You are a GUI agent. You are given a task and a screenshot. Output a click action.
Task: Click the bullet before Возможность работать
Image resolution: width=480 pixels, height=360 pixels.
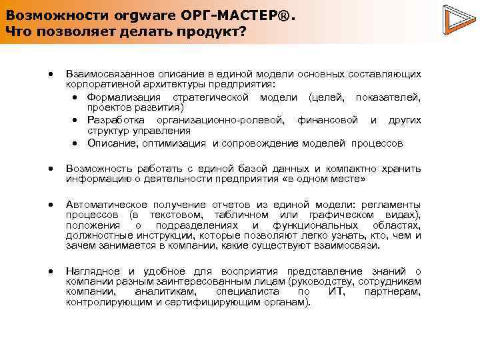click(50, 169)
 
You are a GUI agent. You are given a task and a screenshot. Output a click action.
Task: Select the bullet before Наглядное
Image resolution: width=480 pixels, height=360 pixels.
click(50, 271)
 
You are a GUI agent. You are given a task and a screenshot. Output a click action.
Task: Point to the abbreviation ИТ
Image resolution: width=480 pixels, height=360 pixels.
click(337, 292)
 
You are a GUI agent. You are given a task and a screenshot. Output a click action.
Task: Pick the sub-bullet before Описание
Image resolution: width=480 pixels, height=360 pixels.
click(77, 143)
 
